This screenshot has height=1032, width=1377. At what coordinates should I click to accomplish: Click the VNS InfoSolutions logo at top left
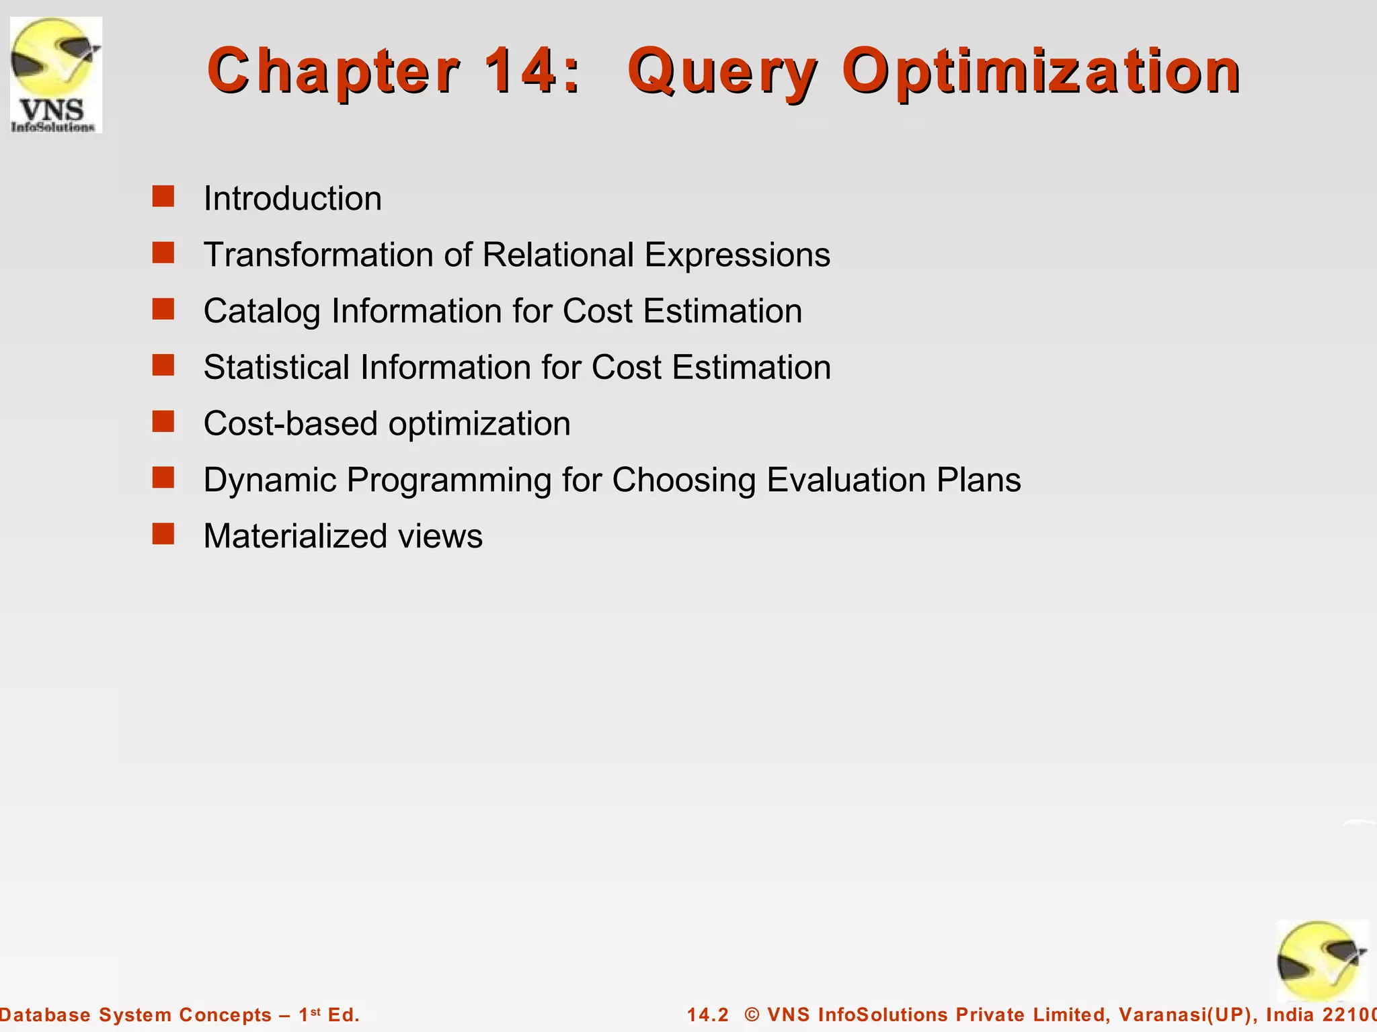click(56, 75)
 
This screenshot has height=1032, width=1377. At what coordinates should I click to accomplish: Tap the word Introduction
click(292, 199)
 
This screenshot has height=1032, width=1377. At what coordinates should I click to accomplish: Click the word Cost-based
click(290, 424)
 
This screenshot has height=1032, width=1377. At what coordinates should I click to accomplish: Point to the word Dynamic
click(270, 480)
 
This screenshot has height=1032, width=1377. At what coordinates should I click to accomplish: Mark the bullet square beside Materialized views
click(163, 534)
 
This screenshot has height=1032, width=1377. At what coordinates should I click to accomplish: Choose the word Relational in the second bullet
click(558, 255)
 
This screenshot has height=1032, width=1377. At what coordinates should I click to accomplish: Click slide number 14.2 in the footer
click(707, 1015)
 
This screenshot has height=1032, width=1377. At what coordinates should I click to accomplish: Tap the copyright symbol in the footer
click(752, 1015)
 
